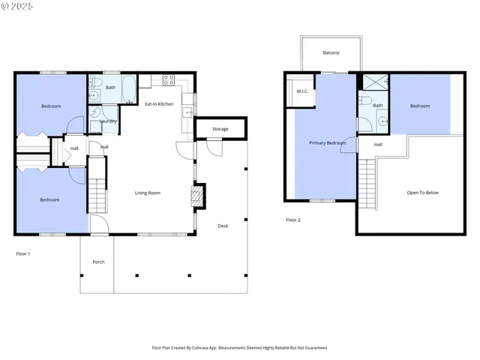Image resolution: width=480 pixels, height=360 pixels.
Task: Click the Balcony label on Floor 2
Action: pos(331,52)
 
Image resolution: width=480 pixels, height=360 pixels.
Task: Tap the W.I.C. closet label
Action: pos(302,91)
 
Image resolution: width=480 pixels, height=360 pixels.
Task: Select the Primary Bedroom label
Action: pos(328,142)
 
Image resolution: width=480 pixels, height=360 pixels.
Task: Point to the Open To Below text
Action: pos(422,193)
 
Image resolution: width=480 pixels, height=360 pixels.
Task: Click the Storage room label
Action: pos(220,129)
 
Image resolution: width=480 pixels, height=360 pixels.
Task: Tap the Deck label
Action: pos(223,226)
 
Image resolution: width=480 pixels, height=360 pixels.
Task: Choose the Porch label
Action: pos(98,262)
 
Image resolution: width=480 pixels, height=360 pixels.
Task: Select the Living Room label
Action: pos(148,193)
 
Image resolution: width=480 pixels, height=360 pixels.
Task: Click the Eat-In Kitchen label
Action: pos(159,103)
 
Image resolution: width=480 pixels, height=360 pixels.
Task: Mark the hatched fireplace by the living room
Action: pos(197,196)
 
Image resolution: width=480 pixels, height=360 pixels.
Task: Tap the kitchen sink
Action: pos(185,112)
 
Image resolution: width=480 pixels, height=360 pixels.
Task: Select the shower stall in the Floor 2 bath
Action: pos(373,82)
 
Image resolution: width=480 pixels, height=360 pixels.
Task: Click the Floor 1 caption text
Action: pos(23,254)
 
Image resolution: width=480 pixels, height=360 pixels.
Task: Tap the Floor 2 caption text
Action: pos(292,220)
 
